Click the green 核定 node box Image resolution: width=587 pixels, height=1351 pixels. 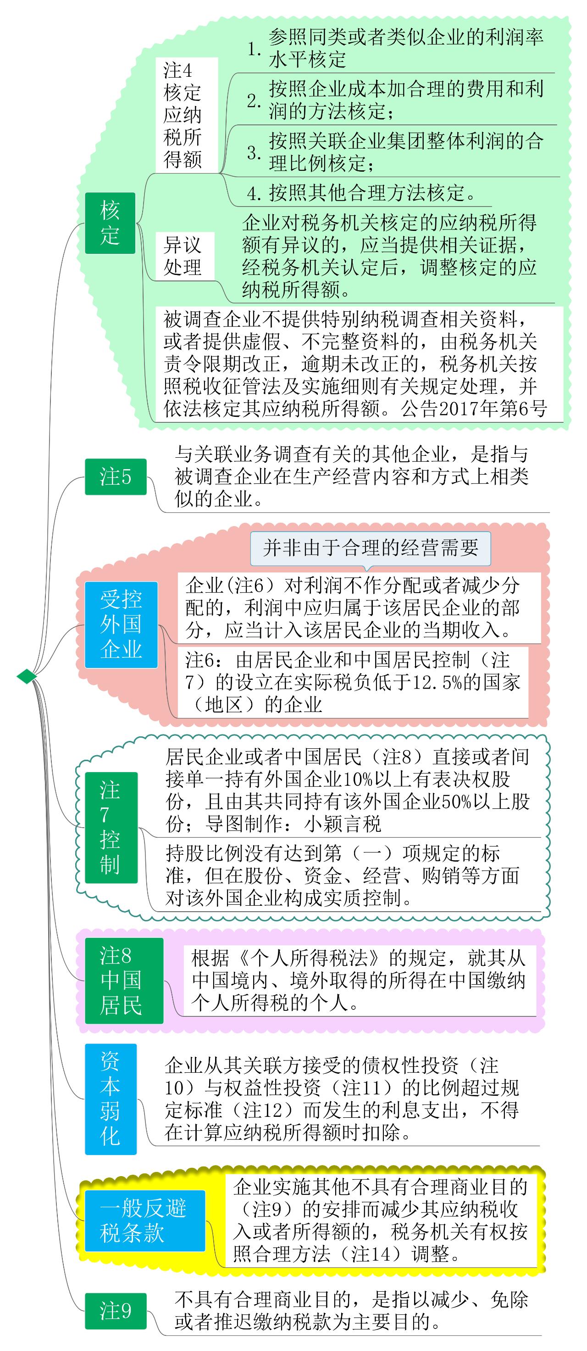click(x=110, y=223)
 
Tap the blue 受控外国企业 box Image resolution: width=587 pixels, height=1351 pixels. click(x=121, y=624)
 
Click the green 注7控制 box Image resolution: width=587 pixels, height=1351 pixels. click(x=111, y=827)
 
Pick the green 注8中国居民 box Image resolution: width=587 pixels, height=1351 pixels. click(x=124, y=980)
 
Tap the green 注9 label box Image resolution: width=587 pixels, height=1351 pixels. click(x=115, y=1311)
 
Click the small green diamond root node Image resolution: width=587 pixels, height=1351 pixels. click(x=27, y=677)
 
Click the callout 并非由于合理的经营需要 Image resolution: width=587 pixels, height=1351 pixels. click(x=371, y=548)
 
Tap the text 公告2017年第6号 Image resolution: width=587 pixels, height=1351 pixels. click(x=474, y=409)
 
